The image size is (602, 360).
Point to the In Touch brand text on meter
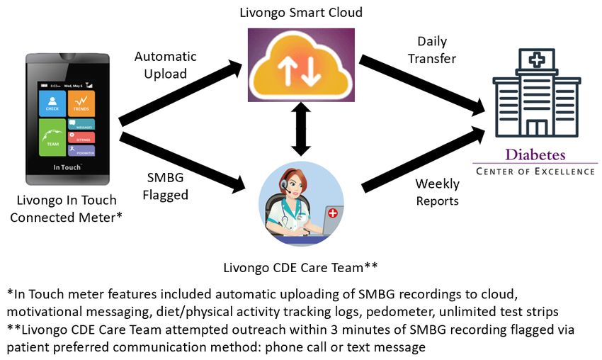click(x=67, y=168)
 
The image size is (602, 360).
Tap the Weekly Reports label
click(x=437, y=192)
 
